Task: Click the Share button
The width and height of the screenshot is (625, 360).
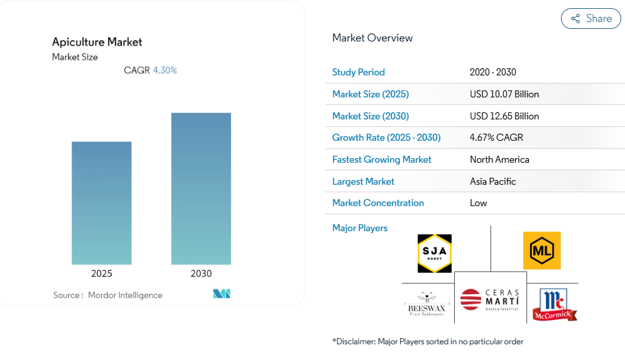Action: (590, 19)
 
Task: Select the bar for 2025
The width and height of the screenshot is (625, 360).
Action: (102, 203)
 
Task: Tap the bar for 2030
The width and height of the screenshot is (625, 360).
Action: (201, 188)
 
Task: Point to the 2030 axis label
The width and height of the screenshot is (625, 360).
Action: (201, 274)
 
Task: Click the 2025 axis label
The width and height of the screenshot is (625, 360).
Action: (102, 274)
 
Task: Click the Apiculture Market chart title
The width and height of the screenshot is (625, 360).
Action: (97, 42)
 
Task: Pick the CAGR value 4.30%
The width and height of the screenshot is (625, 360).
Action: (165, 70)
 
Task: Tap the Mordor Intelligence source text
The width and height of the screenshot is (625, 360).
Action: (125, 295)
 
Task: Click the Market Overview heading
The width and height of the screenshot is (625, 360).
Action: (372, 38)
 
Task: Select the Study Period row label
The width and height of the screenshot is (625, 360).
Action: (359, 72)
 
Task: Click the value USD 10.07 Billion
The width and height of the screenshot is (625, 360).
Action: (504, 94)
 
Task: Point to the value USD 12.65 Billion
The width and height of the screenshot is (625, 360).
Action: (504, 116)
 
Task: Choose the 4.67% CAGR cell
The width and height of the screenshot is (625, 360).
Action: (496, 138)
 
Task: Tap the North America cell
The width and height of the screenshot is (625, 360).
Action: (499, 160)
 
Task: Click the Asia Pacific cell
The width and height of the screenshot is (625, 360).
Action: (493, 182)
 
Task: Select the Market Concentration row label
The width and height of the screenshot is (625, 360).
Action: (378, 203)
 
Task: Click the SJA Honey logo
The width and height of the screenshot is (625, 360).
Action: (435, 253)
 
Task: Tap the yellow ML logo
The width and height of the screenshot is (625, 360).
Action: (541, 251)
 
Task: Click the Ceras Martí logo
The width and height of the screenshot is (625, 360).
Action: (491, 300)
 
